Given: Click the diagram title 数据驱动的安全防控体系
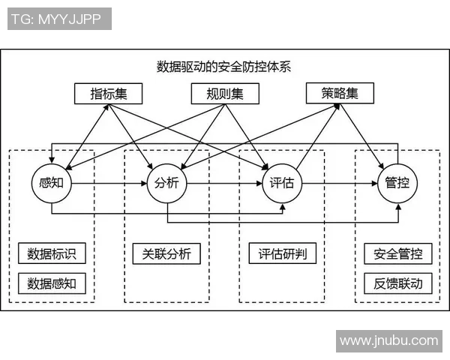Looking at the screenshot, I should (x=223, y=66).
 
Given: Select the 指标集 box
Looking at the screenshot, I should (x=107, y=94).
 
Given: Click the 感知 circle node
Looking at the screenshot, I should (x=52, y=182).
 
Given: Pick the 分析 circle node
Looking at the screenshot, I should (x=166, y=182).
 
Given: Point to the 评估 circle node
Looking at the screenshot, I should (x=282, y=182).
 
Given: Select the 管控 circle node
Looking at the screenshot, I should (x=397, y=182).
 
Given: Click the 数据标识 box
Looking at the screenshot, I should (x=52, y=253).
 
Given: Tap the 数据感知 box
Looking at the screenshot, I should (x=52, y=283).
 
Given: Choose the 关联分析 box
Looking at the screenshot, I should (x=166, y=253).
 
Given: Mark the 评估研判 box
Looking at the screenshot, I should (x=282, y=253).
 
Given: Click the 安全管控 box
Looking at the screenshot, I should (x=397, y=253).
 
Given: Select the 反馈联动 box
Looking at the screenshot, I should (x=397, y=283).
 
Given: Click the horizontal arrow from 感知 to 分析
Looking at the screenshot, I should (x=109, y=182).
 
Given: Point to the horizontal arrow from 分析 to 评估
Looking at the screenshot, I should (x=224, y=182).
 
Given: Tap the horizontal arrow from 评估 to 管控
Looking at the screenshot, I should (x=340, y=182).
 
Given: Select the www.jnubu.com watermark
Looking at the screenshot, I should (x=388, y=340).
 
